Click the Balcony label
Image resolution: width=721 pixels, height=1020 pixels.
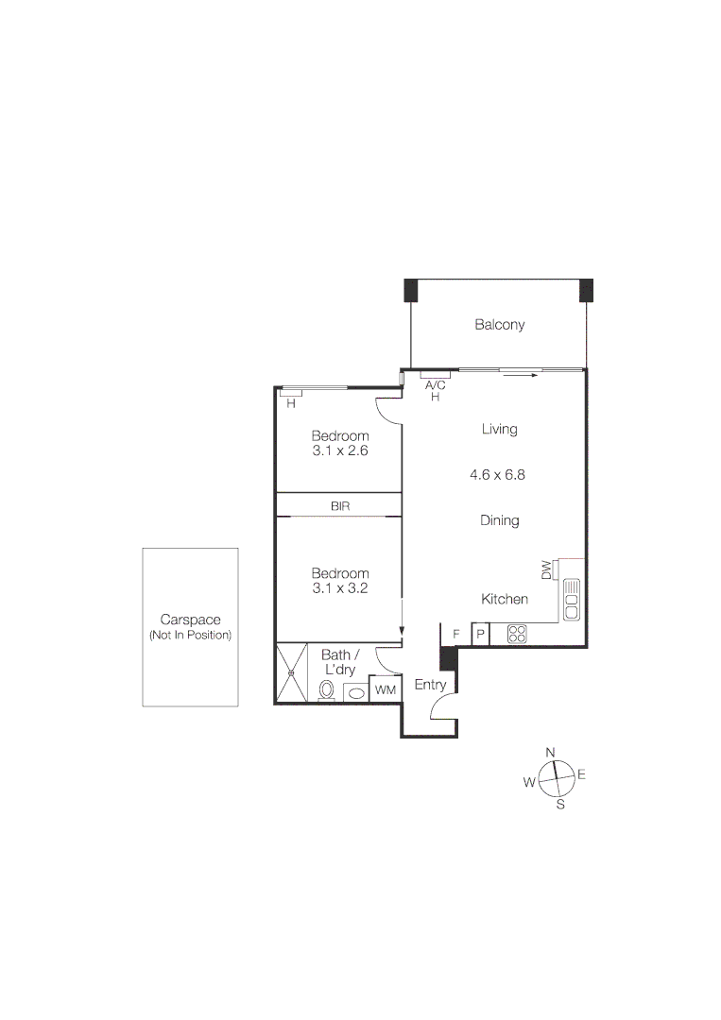point(499,325)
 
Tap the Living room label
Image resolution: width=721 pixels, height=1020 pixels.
point(499,430)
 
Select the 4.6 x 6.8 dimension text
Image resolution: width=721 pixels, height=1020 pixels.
point(497,475)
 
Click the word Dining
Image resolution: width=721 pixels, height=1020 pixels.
point(499,520)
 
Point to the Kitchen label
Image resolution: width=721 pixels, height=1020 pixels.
point(505,600)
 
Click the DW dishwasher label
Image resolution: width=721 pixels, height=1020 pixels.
point(546,570)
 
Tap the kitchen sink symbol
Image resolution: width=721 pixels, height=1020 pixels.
point(572,600)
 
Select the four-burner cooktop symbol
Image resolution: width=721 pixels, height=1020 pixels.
point(517,635)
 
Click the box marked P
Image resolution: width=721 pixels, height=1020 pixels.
point(480,635)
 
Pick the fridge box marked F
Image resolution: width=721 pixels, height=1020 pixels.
point(455,634)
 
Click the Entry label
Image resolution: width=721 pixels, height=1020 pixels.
point(430,686)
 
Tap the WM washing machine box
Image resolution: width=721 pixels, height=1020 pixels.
point(385,690)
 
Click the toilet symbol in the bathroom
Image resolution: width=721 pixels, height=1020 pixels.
point(327,691)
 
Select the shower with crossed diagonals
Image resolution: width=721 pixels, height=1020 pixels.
point(292,672)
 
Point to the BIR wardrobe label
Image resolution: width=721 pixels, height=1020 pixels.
point(340,506)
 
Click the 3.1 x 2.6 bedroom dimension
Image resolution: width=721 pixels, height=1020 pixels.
point(339,451)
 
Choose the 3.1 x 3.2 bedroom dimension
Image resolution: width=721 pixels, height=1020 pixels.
point(340,588)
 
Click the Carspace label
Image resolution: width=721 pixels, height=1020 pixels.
point(190,620)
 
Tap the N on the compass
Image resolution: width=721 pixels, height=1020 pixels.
point(551,752)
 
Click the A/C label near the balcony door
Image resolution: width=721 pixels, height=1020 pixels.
point(436,385)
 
